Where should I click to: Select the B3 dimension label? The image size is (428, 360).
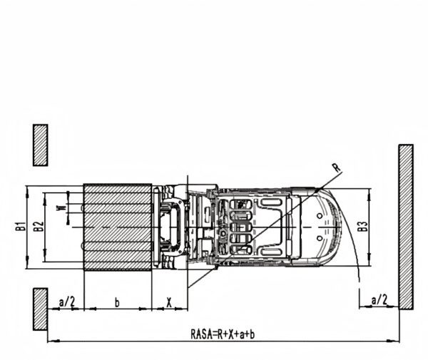[362, 227]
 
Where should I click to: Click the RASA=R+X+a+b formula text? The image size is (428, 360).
[223, 334]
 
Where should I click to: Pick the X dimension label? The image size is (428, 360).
[169, 302]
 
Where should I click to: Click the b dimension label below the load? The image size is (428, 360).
[117, 302]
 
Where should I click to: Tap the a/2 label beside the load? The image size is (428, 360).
[67, 302]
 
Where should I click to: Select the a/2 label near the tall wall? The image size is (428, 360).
[379, 300]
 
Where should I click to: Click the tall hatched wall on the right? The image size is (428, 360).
[406, 227]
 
